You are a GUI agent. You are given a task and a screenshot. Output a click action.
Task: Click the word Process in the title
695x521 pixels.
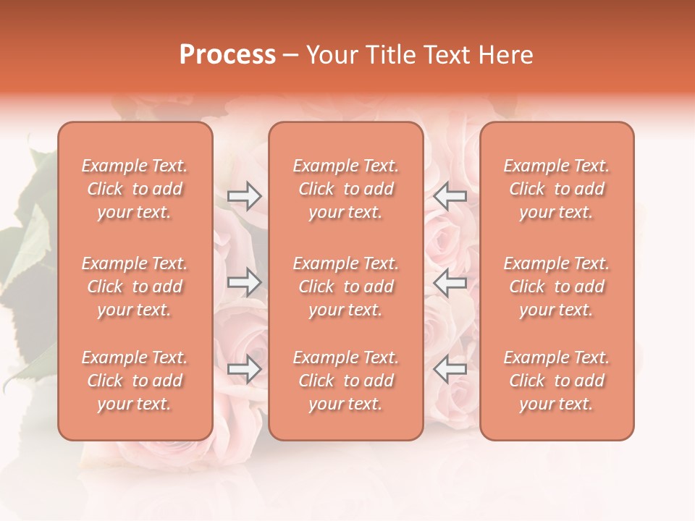(227, 55)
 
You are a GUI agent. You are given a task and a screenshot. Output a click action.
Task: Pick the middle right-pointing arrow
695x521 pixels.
(244, 282)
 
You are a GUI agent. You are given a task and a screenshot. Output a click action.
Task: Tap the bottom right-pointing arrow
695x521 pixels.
(244, 370)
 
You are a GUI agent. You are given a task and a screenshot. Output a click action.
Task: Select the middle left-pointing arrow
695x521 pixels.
(450, 282)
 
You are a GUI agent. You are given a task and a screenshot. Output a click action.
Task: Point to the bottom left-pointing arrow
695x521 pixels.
(450, 370)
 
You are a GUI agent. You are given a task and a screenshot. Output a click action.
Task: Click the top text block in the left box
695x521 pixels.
(135, 189)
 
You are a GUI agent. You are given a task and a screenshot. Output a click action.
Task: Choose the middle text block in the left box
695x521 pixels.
(135, 287)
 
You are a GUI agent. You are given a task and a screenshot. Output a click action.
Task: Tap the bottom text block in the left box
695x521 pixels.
(135, 381)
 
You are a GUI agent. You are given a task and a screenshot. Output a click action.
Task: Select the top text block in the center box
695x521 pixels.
(346, 189)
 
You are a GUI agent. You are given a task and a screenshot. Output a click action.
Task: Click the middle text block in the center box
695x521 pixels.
(346, 287)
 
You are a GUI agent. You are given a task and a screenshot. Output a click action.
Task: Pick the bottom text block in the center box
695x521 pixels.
(346, 381)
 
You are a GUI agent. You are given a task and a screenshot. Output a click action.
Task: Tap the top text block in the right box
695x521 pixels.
(557, 189)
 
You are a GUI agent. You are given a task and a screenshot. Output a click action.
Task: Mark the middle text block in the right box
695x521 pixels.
(557, 287)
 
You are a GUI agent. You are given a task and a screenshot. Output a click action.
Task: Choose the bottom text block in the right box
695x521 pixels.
(557, 381)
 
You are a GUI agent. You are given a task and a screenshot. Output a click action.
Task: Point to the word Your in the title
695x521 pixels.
(331, 55)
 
